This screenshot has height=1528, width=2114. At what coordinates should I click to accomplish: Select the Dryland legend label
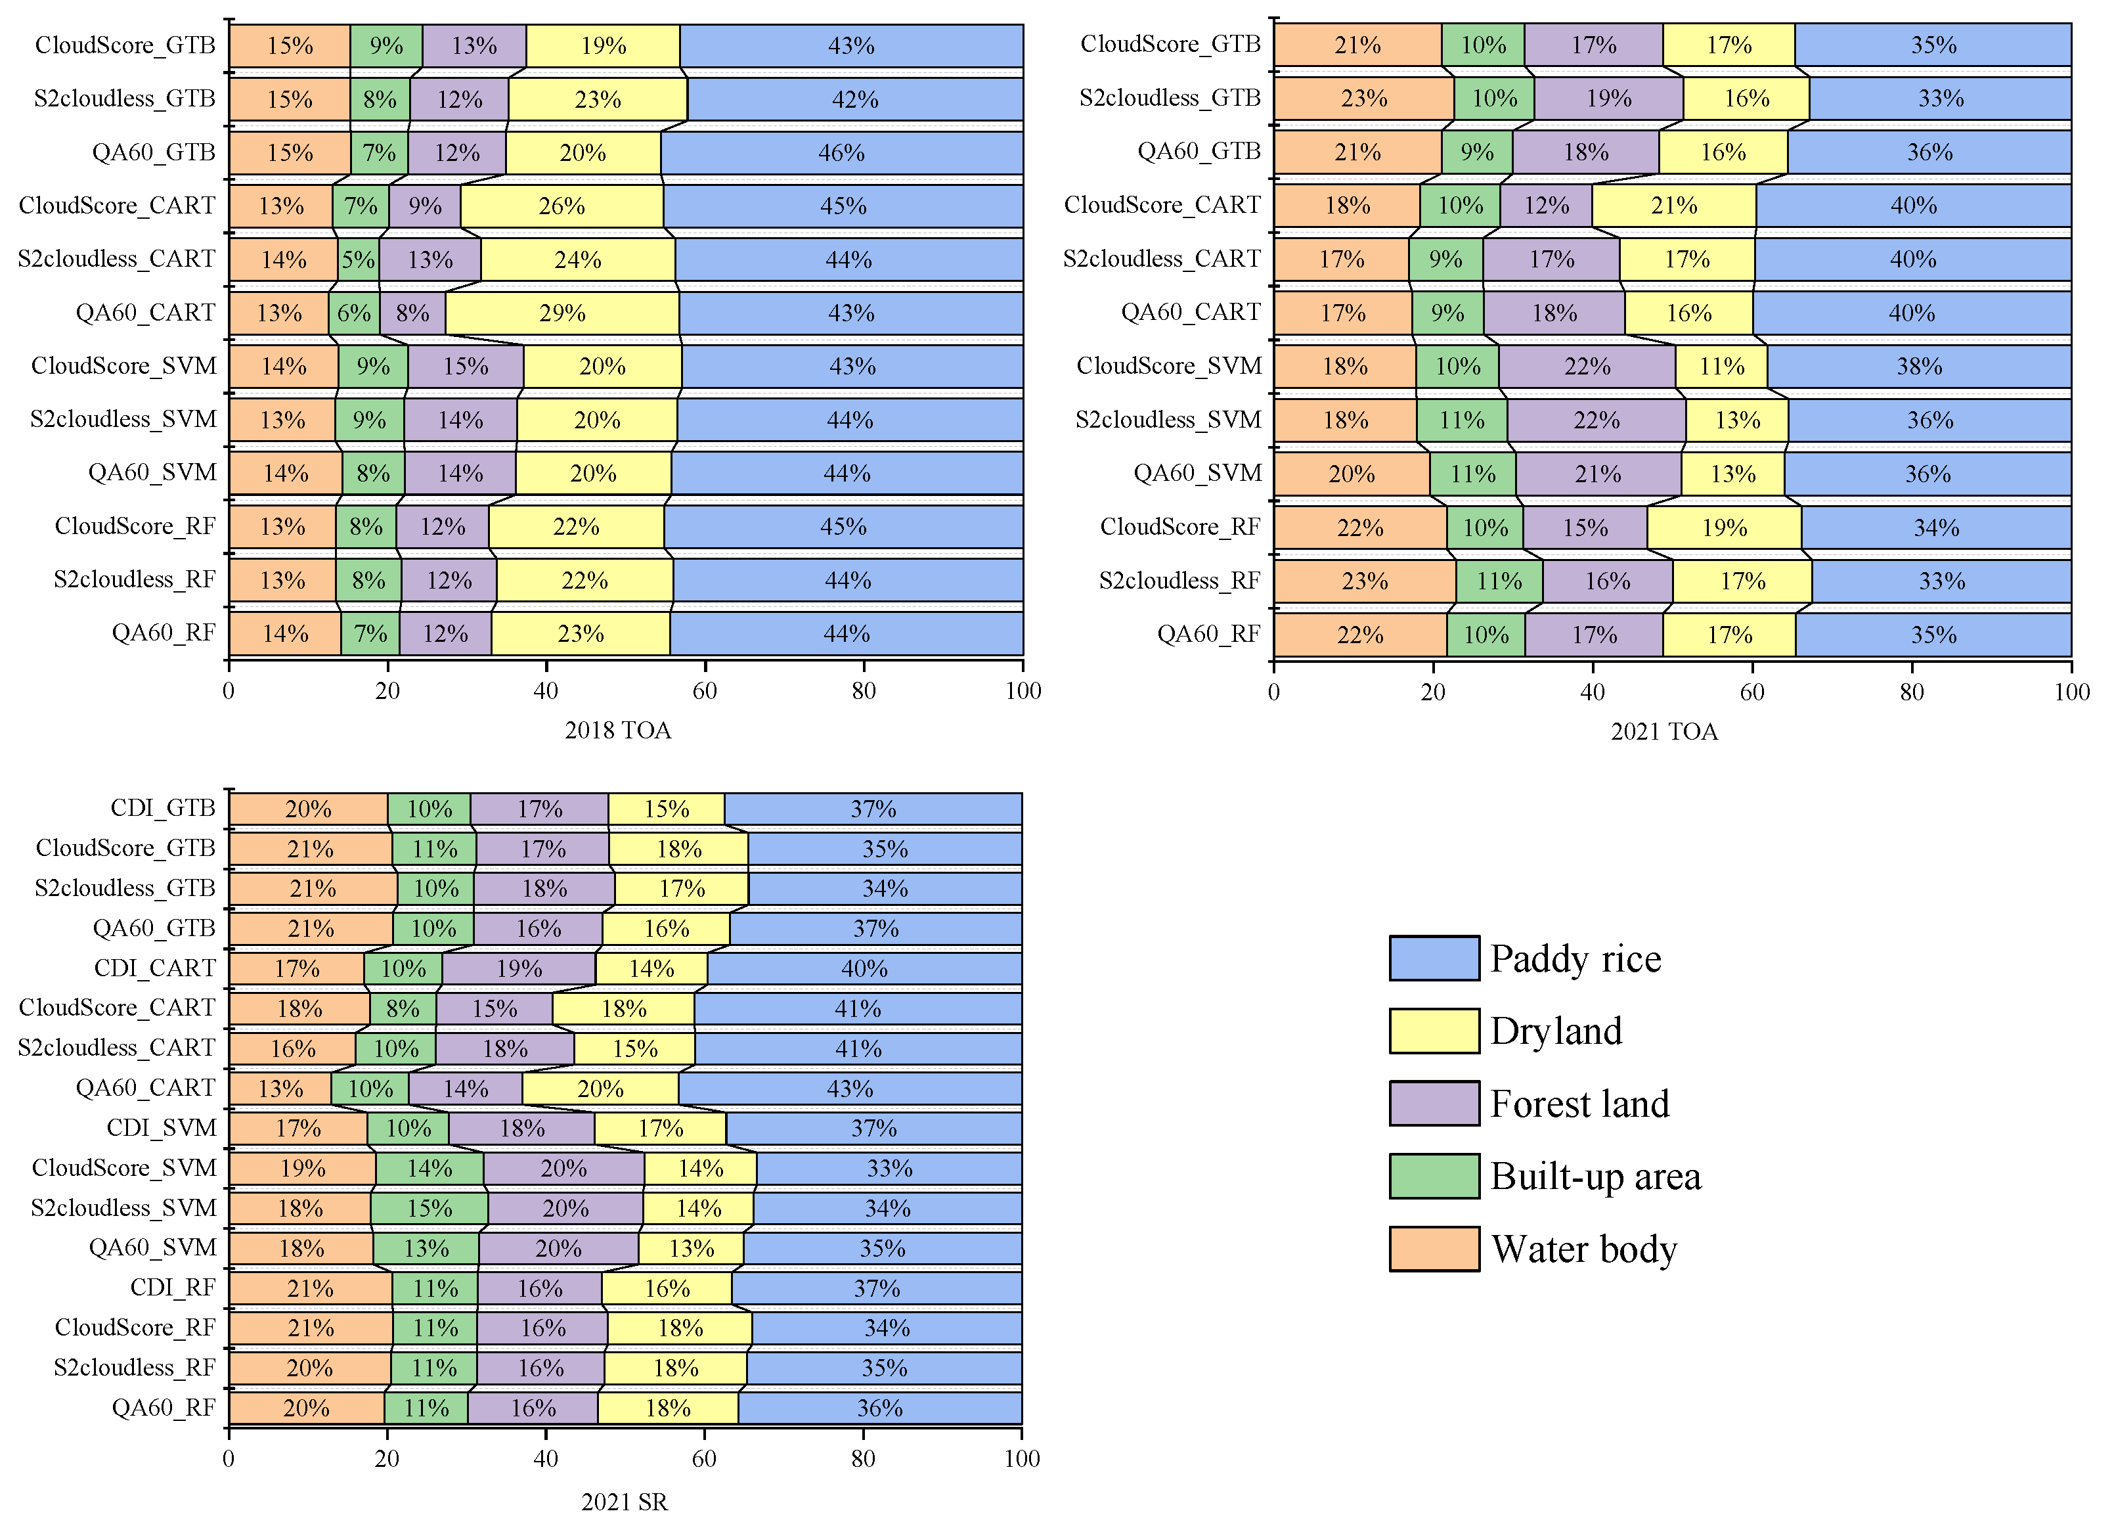click(x=1556, y=1031)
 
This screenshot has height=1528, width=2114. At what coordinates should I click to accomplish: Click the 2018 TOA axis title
click(x=617, y=730)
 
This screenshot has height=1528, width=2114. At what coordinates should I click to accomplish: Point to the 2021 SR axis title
click(x=624, y=1502)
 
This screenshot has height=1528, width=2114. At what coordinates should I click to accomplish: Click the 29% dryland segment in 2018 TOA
click(x=562, y=313)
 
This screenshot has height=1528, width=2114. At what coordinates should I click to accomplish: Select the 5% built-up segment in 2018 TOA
click(x=358, y=259)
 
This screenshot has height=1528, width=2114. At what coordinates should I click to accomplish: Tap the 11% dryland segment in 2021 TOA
click(x=1721, y=367)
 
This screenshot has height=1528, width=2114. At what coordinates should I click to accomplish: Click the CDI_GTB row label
click(x=162, y=807)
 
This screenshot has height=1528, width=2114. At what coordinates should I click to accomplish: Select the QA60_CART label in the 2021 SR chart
click(x=144, y=1088)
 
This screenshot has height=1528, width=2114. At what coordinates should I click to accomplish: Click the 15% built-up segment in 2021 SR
click(x=429, y=1208)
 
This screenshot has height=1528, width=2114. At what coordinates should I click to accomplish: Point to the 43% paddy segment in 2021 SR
click(x=850, y=1089)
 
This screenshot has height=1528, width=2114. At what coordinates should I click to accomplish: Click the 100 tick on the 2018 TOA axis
click(x=1023, y=691)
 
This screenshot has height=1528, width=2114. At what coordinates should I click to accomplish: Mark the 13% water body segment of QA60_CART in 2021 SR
click(x=280, y=1089)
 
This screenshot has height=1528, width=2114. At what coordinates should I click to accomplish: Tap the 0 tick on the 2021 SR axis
click(x=229, y=1459)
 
